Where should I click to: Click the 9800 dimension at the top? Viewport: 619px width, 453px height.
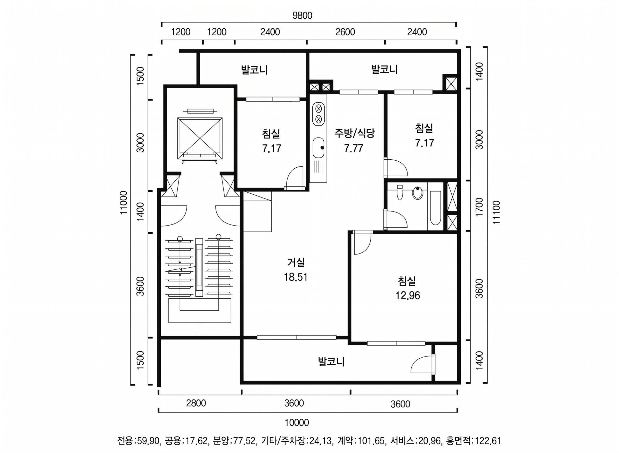coord(302,16)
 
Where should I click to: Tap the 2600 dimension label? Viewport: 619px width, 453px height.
coord(345,32)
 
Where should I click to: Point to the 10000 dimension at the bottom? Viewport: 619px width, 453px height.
coord(297,423)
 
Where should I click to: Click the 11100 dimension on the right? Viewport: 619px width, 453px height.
coord(496,212)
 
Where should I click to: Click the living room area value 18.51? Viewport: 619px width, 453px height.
coord(296,277)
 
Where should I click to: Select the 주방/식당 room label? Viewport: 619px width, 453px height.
coord(354,133)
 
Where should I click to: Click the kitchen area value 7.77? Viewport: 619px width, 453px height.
coord(354,148)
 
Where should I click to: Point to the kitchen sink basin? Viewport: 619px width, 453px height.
coord(319,147)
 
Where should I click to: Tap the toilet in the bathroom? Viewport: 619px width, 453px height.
coord(400,193)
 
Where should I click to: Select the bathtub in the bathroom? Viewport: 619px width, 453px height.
coord(435,208)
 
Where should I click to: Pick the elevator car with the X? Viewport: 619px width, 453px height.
coord(200,138)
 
